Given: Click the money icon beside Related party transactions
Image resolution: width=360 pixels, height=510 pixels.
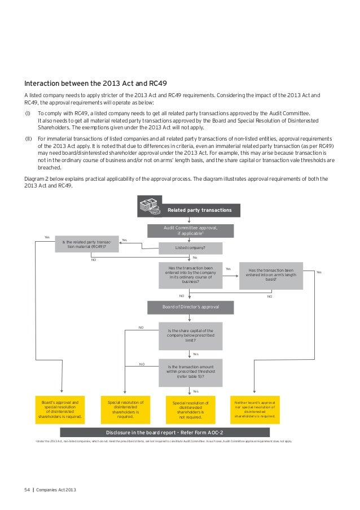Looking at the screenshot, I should point(149,206).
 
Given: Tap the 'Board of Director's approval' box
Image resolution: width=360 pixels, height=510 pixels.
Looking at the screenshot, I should point(190,307).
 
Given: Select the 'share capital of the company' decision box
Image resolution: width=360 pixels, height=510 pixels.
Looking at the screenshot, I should point(190,336).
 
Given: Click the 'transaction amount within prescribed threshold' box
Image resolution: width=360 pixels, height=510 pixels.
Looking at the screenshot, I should point(190,372).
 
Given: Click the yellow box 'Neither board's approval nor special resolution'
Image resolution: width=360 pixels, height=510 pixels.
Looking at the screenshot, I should point(254,409).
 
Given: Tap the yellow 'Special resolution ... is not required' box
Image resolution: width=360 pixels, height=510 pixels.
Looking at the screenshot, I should point(190,410).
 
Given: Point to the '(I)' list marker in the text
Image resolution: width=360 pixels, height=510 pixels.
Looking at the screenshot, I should point(27,114).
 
